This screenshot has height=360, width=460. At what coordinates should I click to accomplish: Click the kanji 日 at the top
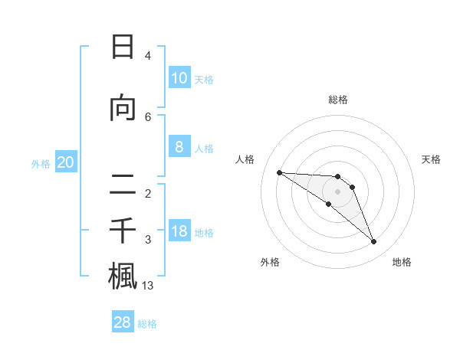[x=123, y=47]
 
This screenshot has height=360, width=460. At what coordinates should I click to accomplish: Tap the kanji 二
[x=123, y=184]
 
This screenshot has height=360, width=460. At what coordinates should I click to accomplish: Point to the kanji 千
[x=123, y=229]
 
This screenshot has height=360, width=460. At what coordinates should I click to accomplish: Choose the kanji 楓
[x=123, y=276]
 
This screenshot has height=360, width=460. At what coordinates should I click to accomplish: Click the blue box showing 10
[x=179, y=78]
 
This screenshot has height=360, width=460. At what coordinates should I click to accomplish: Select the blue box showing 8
[x=179, y=148]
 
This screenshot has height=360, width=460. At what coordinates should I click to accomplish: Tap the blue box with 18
[x=179, y=231]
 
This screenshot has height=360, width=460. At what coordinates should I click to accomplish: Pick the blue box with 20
[x=66, y=162]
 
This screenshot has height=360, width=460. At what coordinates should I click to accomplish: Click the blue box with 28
[x=123, y=322]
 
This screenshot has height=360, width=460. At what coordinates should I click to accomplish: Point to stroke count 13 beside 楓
[x=148, y=286]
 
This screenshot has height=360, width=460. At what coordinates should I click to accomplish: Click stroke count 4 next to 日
[x=148, y=56]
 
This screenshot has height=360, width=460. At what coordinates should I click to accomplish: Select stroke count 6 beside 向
[x=148, y=116]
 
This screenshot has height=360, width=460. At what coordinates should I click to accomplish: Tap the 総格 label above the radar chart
[x=338, y=100]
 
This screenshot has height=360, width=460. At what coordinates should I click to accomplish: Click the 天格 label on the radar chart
[x=432, y=159]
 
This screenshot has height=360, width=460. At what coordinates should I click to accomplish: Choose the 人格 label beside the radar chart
[x=245, y=159]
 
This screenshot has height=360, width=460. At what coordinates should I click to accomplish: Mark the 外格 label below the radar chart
[x=270, y=262]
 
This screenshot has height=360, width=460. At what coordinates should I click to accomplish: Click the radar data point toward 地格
[x=373, y=242]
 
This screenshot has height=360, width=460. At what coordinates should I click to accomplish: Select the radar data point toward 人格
[x=279, y=172]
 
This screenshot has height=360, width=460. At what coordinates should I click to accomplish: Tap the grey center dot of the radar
[x=338, y=191]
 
